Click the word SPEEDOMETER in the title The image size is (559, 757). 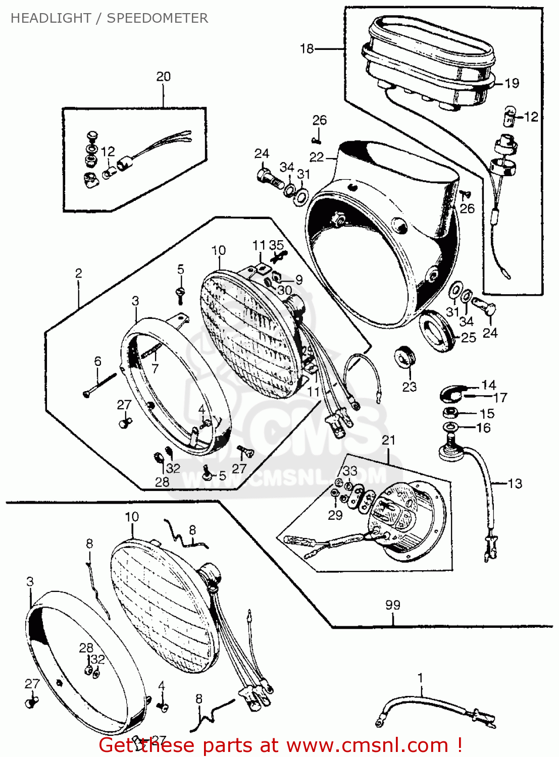tap(157, 18)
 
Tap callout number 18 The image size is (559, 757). tap(307, 48)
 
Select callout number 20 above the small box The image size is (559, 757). tap(163, 77)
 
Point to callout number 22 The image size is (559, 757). tap(317, 157)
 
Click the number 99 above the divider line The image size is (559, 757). tap(393, 605)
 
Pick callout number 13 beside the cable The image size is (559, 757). tap(515, 483)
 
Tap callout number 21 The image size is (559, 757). tap(388, 440)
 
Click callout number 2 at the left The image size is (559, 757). tap(78, 274)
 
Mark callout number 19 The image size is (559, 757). tap(512, 83)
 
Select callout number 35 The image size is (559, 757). tap(276, 245)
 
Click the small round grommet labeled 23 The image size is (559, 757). tap(404, 357)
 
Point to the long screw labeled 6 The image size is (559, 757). tap(100, 383)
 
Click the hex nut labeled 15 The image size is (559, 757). tap(449, 413)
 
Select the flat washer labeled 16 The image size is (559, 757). tap(450, 428)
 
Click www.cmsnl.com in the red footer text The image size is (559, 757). tap(368, 745)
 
